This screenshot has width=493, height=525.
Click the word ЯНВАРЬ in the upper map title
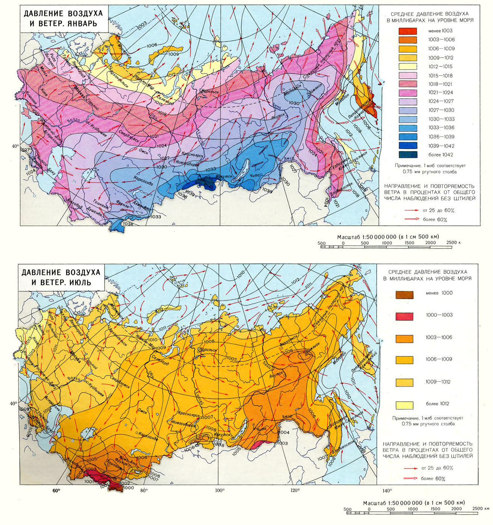[x=79, y=24]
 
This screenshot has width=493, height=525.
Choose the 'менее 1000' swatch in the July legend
[x=404, y=295]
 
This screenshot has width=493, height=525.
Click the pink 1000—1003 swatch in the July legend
[x=404, y=316]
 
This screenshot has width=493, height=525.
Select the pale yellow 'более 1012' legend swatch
[x=404, y=405]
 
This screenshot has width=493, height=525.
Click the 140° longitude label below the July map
[x=386, y=490]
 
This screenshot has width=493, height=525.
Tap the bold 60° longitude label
[x=56, y=490]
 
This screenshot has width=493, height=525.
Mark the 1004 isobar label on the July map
[x=284, y=432]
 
